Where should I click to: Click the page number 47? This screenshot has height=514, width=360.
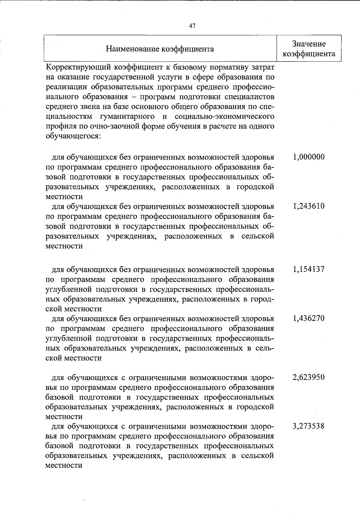[x=192, y=26]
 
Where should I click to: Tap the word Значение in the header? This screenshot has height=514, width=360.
[x=309, y=44]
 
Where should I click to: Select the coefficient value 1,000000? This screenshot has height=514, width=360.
[x=309, y=157]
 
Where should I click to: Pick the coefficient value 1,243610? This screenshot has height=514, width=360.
[x=309, y=206]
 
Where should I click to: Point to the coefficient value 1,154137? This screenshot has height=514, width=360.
[x=309, y=269]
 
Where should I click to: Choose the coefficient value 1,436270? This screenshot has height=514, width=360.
[x=309, y=318]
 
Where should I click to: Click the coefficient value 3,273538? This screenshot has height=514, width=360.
[x=309, y=426]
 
